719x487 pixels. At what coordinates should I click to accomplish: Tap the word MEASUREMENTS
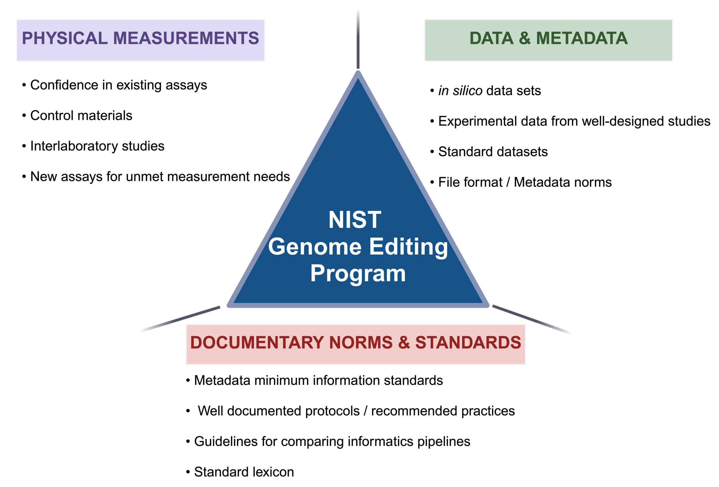[186, 38]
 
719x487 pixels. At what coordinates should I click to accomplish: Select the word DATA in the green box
[491, 38]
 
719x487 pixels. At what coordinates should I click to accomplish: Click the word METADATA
[581, 38]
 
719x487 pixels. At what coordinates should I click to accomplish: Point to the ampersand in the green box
[525, 38]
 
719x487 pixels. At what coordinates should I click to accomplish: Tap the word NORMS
[361, 343]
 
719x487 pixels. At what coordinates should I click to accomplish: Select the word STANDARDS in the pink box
[468, 343]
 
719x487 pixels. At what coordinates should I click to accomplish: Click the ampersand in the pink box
[404, 343]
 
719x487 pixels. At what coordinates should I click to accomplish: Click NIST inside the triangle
[355, 220]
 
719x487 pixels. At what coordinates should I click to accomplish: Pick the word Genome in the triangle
[315, 247]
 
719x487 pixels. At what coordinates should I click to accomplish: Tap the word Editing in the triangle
[408, 247]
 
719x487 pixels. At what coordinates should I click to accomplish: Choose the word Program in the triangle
[358, 274]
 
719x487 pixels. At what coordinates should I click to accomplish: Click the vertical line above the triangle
[358, 39]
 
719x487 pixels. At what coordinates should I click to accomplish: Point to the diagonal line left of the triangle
[180, 319]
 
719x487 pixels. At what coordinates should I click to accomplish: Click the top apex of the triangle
[358, 74]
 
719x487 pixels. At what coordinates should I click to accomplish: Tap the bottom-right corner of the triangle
[487, 305]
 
